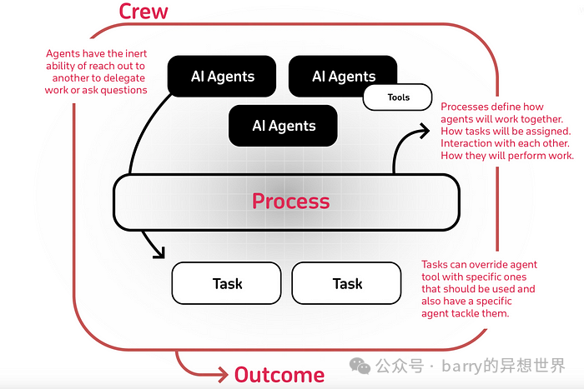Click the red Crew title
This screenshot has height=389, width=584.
pos(143,11)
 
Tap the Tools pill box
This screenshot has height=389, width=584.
pos(397,97)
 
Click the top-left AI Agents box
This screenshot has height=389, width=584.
pos(222,77)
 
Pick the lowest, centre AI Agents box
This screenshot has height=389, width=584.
pos(283,126)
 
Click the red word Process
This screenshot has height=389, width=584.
pos(291,202)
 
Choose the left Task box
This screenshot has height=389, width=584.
pos(226,283)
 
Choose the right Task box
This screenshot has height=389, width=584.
pos(347,283)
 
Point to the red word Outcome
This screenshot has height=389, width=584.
pos(279,375)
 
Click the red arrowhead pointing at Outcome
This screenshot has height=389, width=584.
pos(224,375)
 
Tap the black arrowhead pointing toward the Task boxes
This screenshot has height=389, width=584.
pos(160,253)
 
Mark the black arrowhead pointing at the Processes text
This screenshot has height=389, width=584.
pos(425,131)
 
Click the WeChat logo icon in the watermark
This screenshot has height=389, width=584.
pos(360,366)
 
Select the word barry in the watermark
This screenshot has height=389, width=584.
pos(462,367)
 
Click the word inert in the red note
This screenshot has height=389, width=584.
pos(136,53)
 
